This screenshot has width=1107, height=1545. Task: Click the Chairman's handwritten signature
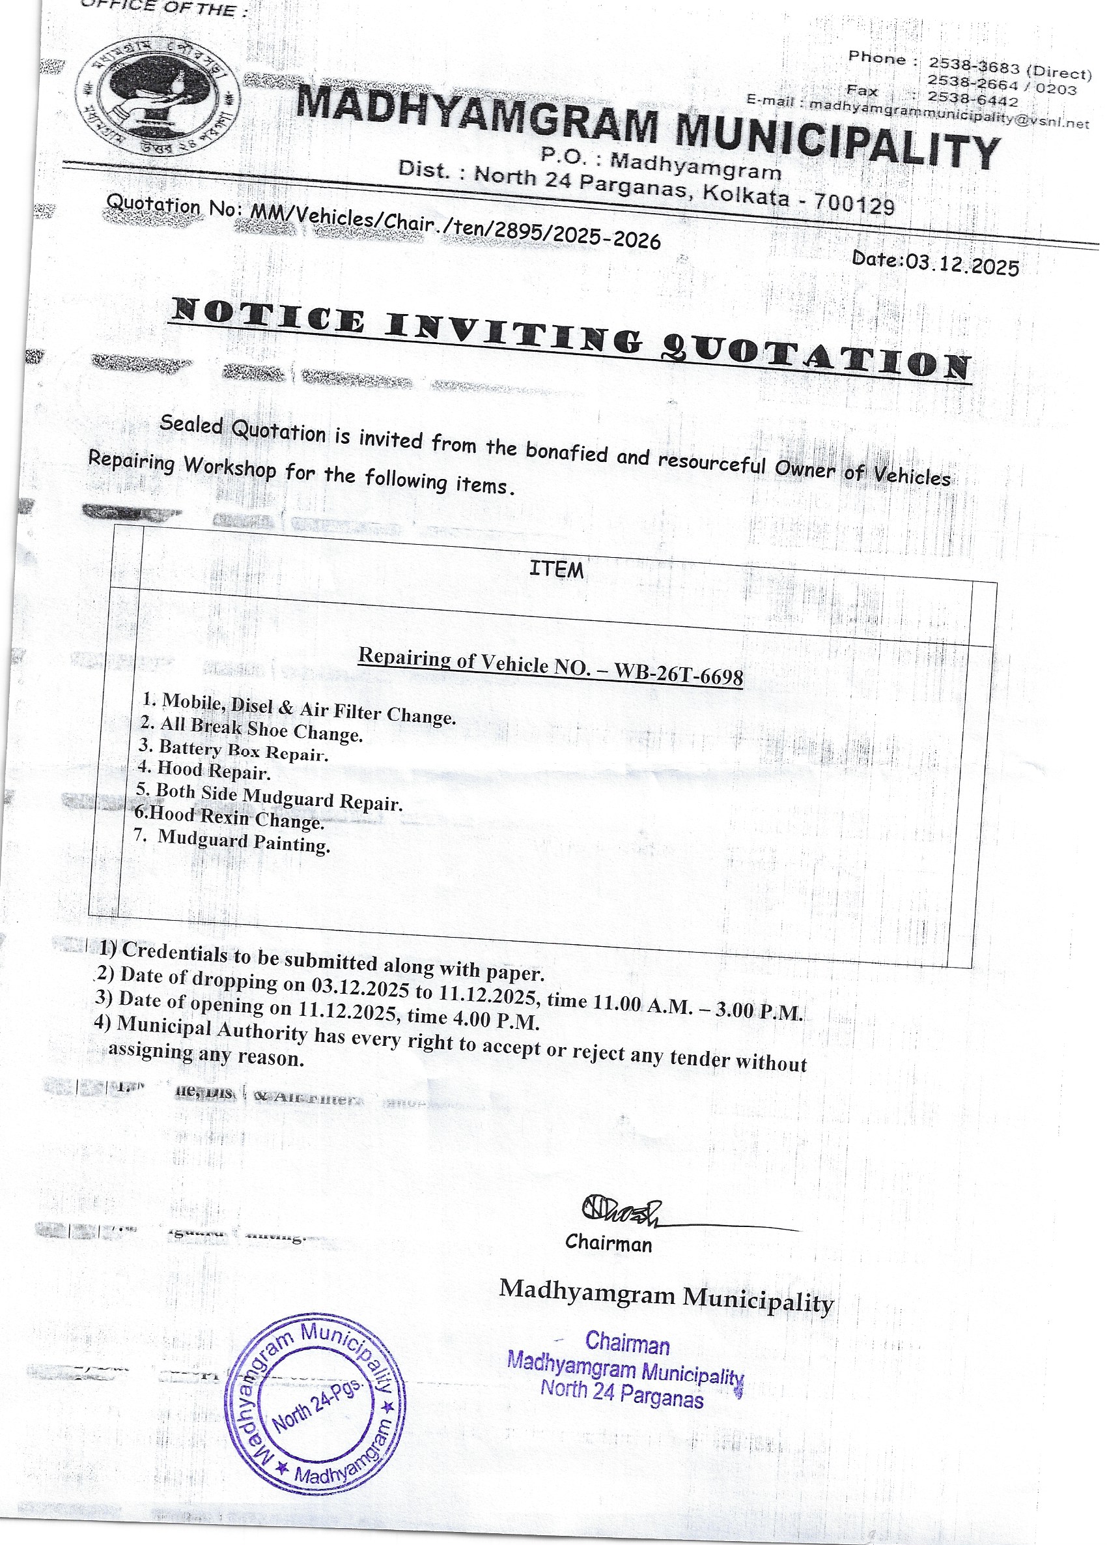pyautogui.click(x=619, y=1210)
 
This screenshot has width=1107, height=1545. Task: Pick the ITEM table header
pyautogui.click(x=556, y=569)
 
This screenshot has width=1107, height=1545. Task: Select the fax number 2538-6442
pyautogui.click(x=972, y=100)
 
